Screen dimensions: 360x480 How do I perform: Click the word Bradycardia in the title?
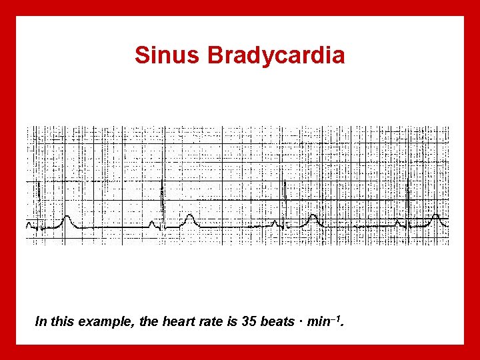click(x=276, y=55)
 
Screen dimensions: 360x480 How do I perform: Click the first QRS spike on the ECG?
click(x=39, y=193)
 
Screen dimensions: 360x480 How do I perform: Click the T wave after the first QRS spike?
click(x=66, y=218)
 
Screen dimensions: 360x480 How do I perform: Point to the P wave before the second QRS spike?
click(x=153, y=223)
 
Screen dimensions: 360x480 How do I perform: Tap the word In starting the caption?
click(x=41, y=322)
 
